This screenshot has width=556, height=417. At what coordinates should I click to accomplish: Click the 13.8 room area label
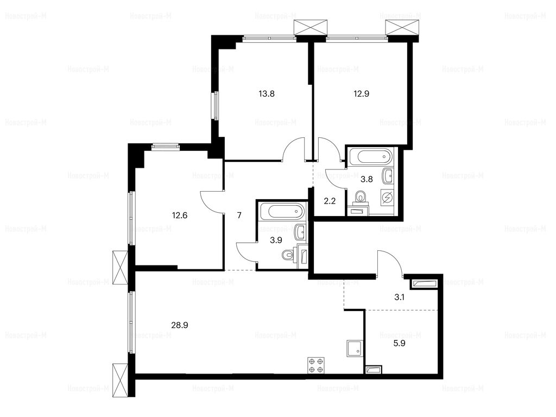(x=267, y=94)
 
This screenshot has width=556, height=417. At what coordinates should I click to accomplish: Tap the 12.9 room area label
(x=361, y=94)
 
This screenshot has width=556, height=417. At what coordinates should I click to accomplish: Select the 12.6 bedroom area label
(x=179, y=215)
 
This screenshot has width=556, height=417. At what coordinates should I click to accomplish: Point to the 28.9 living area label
(x=179, y=325)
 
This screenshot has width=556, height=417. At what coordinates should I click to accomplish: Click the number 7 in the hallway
(x=239, y=215)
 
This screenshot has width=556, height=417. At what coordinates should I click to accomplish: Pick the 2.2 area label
(x=330, y=201)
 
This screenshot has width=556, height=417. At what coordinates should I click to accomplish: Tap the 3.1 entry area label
(x=399, y=297)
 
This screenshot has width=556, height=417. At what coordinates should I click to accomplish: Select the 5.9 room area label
(x=399, y=343)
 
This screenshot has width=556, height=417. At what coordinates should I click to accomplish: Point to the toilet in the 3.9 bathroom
(x=288, y=255)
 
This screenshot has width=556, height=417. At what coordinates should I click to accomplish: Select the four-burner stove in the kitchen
(x=316, y=365)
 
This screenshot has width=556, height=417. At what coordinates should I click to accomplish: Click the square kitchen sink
(x=355, y=347)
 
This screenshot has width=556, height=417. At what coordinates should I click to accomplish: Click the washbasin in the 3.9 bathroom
(x=300, y=232)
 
